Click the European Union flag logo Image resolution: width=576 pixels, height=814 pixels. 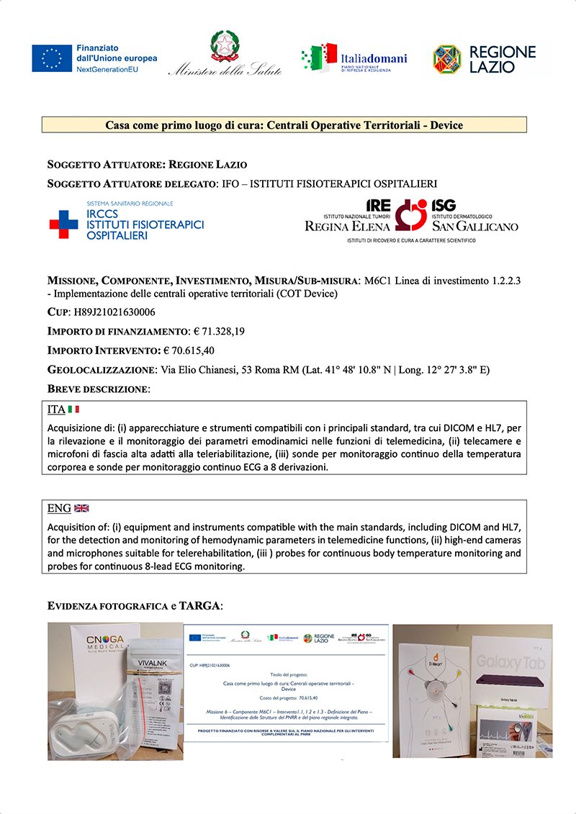(x=51, y=58)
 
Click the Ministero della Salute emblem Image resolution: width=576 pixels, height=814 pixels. (x=224, y=46)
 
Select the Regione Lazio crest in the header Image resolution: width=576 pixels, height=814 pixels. (x=446, y=59)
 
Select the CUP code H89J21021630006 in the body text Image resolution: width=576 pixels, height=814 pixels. (x=114, y=312)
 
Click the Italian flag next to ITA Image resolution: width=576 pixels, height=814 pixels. (x=73, y=409)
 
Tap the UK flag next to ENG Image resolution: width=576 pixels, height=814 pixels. (x=81, y=508)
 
